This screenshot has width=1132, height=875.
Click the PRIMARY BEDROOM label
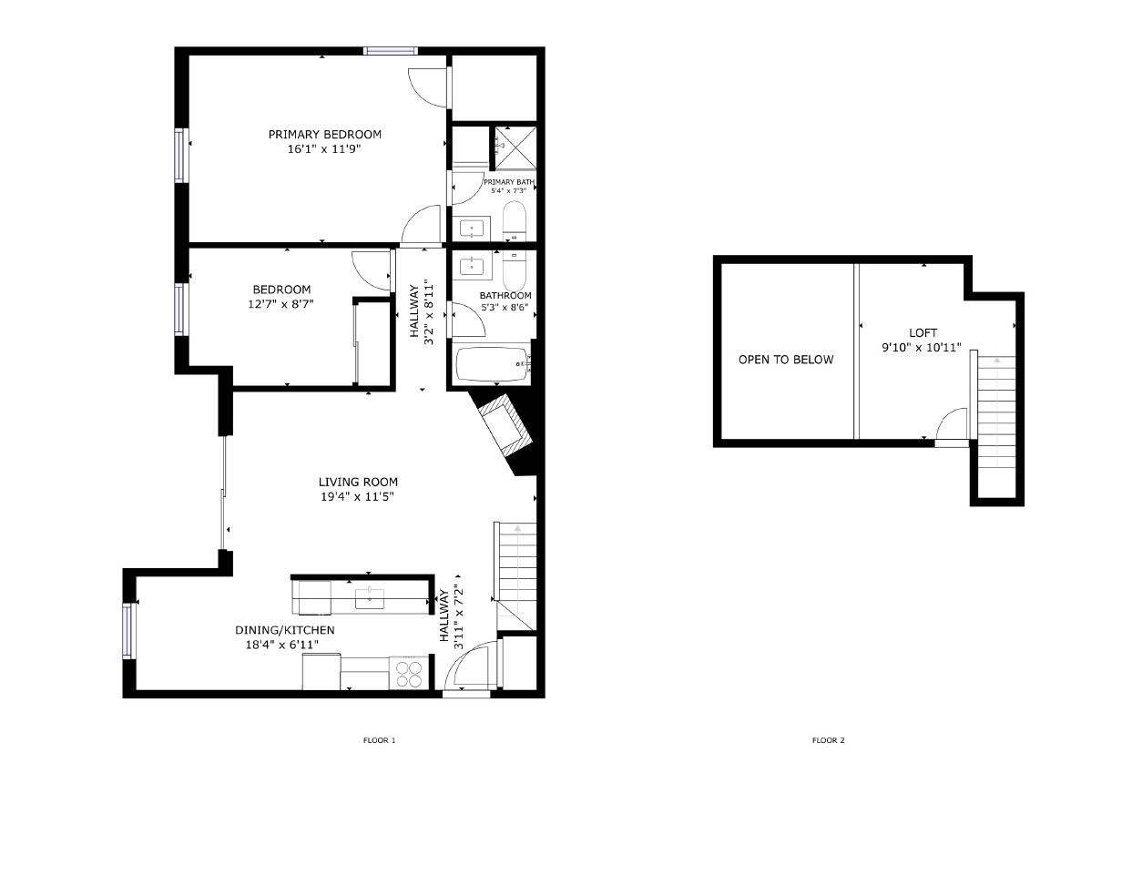click(324, 135)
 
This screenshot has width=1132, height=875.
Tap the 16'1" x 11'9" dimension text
click(324, 149)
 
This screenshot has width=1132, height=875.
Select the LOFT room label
click(923, 333)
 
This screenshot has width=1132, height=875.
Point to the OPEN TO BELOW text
click(786, 360)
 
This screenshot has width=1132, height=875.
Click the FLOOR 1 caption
click(379, 740)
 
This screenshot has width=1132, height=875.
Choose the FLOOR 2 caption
click(829, 740)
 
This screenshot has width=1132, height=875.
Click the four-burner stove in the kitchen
click(409, 674)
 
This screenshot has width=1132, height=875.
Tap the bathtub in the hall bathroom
click(494, 364)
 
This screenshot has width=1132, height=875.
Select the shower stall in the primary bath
click(515, 148)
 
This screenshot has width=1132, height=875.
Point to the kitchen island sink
click(370, 599)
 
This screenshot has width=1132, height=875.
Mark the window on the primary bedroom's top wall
click(391, 50)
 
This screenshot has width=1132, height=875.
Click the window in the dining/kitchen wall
click(129, 630)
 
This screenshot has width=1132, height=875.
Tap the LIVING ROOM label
click(358, 483)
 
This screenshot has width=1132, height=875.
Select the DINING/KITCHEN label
click(284, 630)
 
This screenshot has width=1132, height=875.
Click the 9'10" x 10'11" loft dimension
click(921, 348)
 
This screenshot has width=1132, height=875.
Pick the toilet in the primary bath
click(515, 221)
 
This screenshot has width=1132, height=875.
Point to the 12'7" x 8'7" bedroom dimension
click(280, 303)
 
